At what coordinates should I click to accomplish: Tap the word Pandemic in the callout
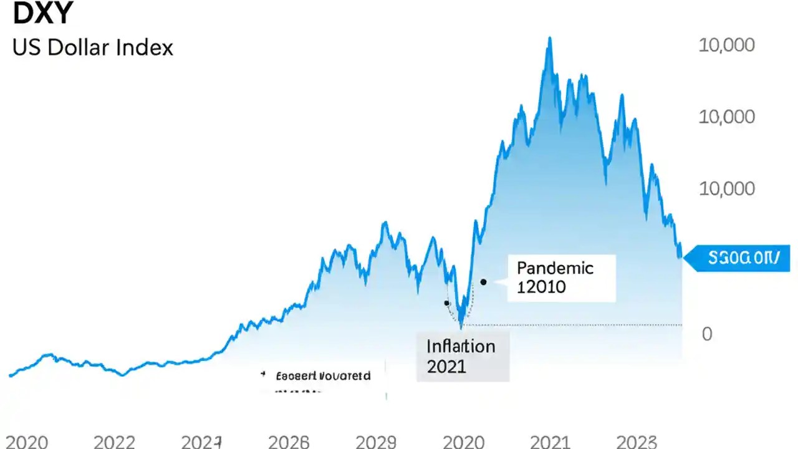(x=555, y=268)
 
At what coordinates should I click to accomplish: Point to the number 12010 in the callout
(x=541, y=287)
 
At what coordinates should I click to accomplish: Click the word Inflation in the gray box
(x=461, y=346)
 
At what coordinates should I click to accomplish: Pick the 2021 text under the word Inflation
(x=446, y=366)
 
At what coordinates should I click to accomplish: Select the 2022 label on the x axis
(x=115, y=442)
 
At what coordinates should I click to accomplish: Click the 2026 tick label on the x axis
(x=289, y=442)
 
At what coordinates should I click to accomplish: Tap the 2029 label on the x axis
(x=376, y=442)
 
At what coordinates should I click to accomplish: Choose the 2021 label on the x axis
(x=550, y=442)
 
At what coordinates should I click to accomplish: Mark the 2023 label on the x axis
(x=637, y=442)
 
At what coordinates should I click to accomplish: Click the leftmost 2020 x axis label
(x=27, y=442)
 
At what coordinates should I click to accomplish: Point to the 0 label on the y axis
(x=707, y=334)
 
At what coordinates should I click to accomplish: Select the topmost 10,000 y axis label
(x=726, y=45)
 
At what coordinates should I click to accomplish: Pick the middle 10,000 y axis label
(x=726, y=117)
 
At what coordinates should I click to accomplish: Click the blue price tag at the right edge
(x=739, y=258)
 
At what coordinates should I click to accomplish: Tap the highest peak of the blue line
(x=549, y=38)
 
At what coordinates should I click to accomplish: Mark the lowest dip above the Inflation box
(x=461, y=326)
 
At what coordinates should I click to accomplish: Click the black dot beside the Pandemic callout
(x=483, y=282)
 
